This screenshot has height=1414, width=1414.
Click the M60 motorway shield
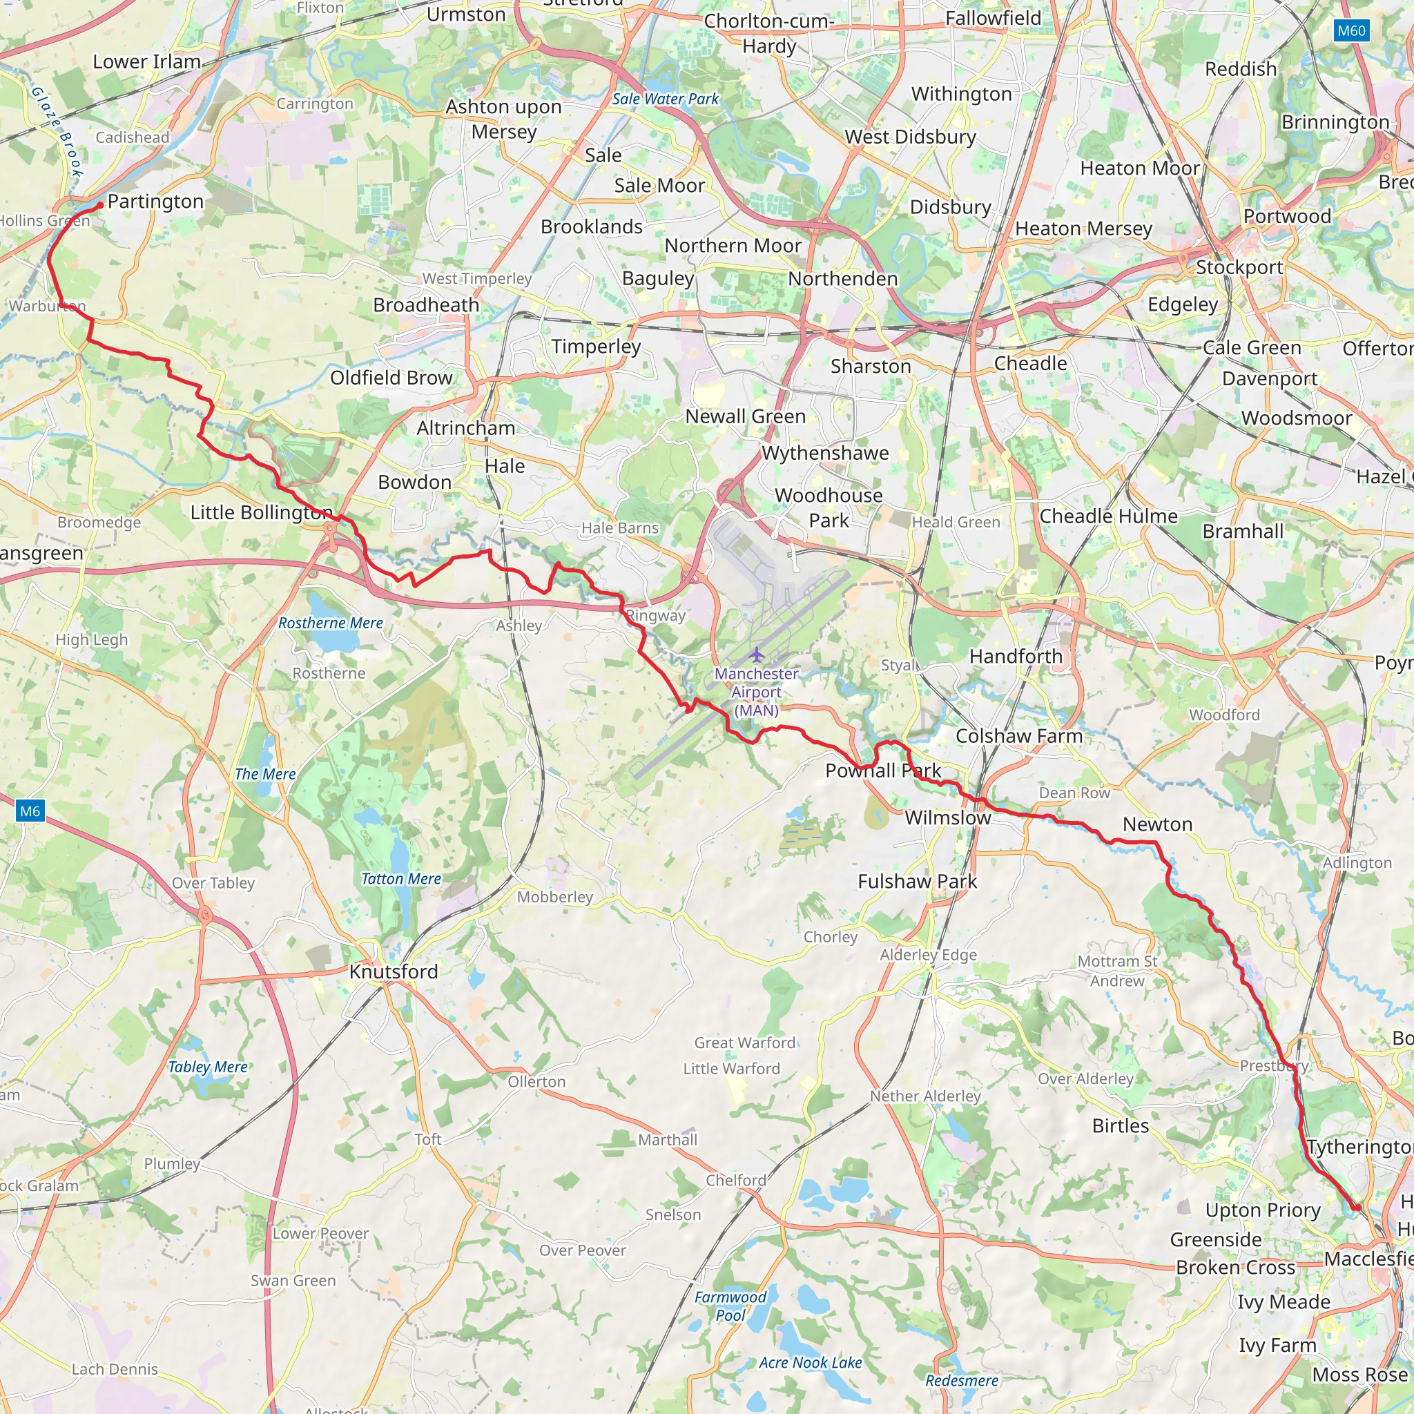pos(1351,31)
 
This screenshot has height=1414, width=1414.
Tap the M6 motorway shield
pos(30,811)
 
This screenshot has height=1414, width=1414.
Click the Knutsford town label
pos(394,971)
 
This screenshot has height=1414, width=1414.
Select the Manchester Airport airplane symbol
pos(756,654)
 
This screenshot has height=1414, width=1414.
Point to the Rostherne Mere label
pos(331,623)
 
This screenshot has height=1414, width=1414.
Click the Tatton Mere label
pos(401,879)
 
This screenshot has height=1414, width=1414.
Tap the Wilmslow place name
pos(948,817)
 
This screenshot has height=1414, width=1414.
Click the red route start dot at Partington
pos(99,206)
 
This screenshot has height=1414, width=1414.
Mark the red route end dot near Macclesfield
pos(1356,1208)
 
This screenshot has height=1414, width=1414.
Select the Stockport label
pos(1239,267)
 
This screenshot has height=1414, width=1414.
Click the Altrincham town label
pos(465,427)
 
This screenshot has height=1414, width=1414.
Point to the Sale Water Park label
pos(666,99)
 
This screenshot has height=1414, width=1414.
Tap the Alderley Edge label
pos(928,954)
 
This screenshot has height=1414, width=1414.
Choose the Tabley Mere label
pos(208,1067)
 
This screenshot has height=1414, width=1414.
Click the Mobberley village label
pos(555,897)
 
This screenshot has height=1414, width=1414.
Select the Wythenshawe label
pos(825,453)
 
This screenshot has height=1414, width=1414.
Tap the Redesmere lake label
pos(962,1380)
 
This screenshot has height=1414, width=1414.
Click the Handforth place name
pos(1015,657)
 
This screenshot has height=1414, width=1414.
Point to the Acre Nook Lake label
pos(810,1363)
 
